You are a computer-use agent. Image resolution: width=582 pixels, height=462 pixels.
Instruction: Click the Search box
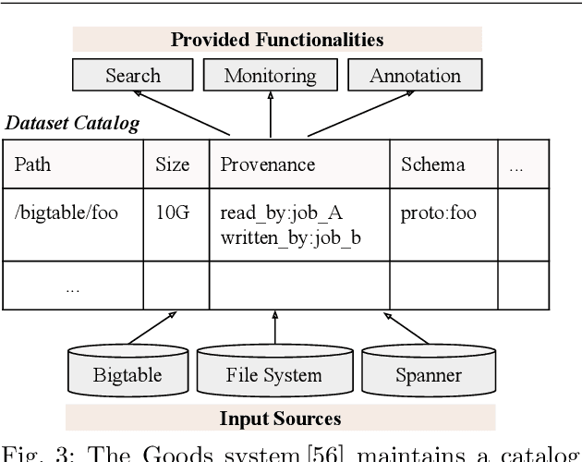point(132,76)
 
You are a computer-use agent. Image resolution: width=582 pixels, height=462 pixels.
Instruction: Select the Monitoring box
point(270,76)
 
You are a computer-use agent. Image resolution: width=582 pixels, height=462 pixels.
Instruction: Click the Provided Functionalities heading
point(276,40)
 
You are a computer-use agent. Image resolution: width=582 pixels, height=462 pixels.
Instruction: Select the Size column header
point(172,165)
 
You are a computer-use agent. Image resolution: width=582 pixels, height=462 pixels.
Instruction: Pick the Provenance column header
point(267,165)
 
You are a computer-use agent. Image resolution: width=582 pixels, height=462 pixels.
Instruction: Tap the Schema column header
point(432,165)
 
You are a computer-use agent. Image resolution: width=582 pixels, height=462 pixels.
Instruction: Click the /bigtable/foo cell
point(66,213)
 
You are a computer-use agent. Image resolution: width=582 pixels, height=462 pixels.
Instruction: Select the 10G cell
point(171,213)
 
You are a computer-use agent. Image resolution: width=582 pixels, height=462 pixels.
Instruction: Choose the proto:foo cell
point(438,213)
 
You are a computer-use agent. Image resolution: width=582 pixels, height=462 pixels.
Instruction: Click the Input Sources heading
point(280,418)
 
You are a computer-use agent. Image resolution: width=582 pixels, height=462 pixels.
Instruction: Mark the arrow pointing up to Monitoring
point(270,115)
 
